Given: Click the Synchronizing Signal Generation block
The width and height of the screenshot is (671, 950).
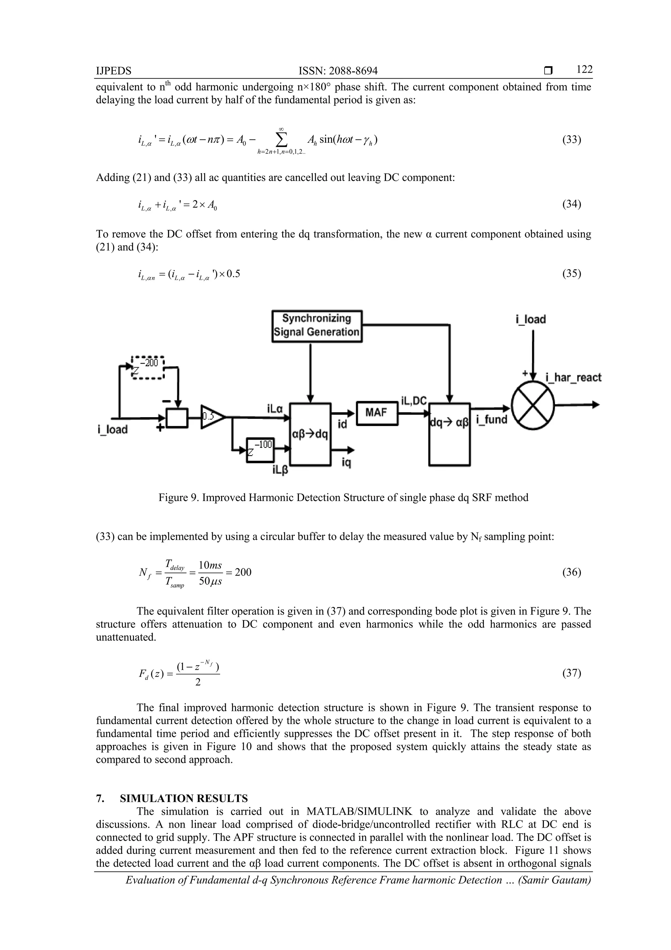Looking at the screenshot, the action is point(317,326).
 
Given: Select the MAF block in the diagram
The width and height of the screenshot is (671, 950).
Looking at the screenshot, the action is point(376,413).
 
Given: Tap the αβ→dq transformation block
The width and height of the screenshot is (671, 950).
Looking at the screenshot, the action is point(310,434).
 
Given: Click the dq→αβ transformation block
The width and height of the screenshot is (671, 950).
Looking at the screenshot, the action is point(450,434).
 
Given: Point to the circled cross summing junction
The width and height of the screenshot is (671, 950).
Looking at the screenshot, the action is point(533,405).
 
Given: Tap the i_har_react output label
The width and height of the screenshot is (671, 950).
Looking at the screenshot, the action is point(573,377).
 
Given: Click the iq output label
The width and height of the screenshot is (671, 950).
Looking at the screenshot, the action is point(346,463).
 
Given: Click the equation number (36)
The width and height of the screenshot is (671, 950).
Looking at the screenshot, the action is point(571,572).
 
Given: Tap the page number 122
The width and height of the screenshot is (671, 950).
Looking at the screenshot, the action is point(584,70).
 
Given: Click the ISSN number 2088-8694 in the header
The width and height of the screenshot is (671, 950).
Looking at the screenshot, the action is point(338,71).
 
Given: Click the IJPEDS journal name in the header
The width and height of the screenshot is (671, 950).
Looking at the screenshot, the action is point(113,71).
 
